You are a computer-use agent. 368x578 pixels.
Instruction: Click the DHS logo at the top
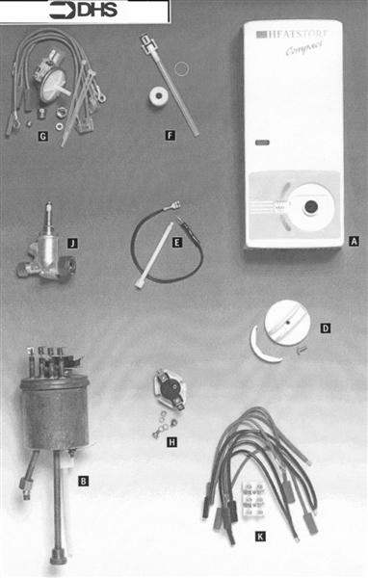pyautogui.click(x=88, y=12)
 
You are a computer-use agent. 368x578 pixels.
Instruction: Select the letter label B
pyautogui.click(x=84, y=480)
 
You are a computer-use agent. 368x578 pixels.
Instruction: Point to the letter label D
pyautogui.click(x=326, y=328)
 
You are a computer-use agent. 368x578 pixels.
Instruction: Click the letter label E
pyautogui.click(x=176, y=244)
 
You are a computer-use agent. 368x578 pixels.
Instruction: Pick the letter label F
pyautogui.click(x=170, y=137)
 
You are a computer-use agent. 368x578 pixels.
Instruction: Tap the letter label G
pyautogui.click(x=42, y=137)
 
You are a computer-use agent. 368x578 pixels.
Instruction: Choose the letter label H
pyautogui.click(x=172, y=443)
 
